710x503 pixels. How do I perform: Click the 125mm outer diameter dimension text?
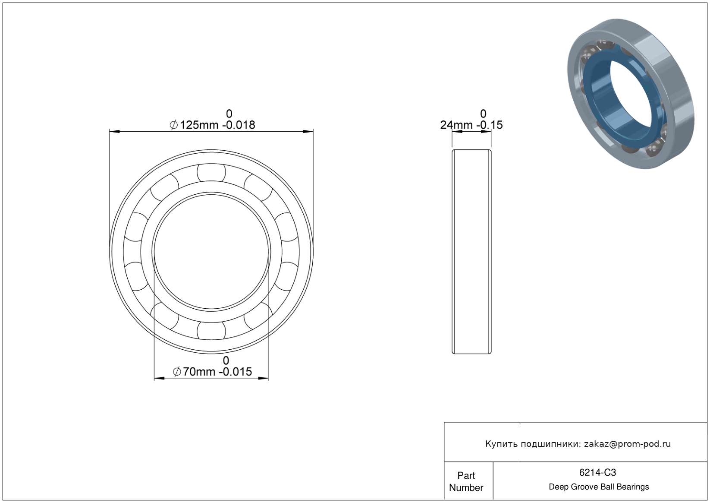click(199, 125)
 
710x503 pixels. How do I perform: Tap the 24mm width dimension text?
click(456, 125)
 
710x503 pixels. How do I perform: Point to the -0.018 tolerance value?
click(239, 125)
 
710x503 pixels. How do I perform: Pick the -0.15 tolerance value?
click(490, 125)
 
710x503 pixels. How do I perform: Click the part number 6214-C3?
click(597, 472)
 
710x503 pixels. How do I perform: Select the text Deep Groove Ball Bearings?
click(599, 487)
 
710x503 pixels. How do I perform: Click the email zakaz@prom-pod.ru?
click(628, 444)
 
